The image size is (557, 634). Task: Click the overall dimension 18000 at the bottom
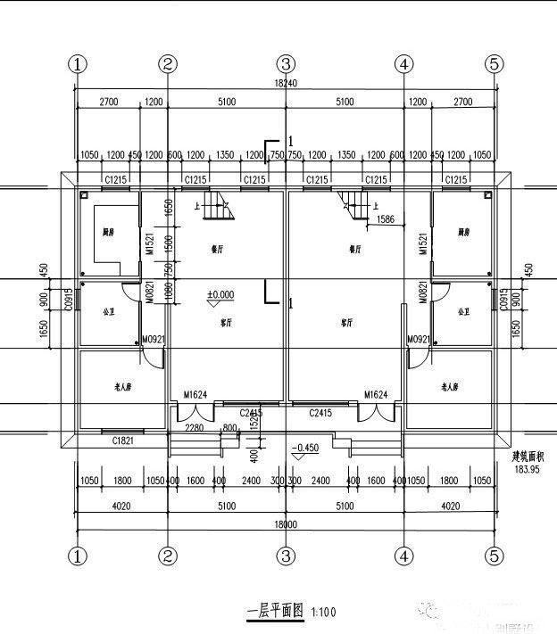pos(285,524)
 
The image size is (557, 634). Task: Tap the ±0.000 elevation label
pos(220,294)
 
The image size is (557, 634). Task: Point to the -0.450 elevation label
pos(305,447)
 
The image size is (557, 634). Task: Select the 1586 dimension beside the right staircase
pos(386,218)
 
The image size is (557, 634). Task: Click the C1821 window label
pos(123,441)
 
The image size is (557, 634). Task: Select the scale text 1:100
pos(322,612)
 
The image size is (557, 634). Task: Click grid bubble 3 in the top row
pos(285,64)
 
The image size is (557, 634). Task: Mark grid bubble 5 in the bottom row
pos(495,556)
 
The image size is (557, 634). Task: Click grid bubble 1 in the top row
pos(79,64)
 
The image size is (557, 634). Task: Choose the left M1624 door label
pos(196,394)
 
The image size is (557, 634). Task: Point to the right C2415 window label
pos(320,413)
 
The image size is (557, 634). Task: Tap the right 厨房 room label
pos(463,232)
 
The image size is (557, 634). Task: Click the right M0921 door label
pos(419,340)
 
